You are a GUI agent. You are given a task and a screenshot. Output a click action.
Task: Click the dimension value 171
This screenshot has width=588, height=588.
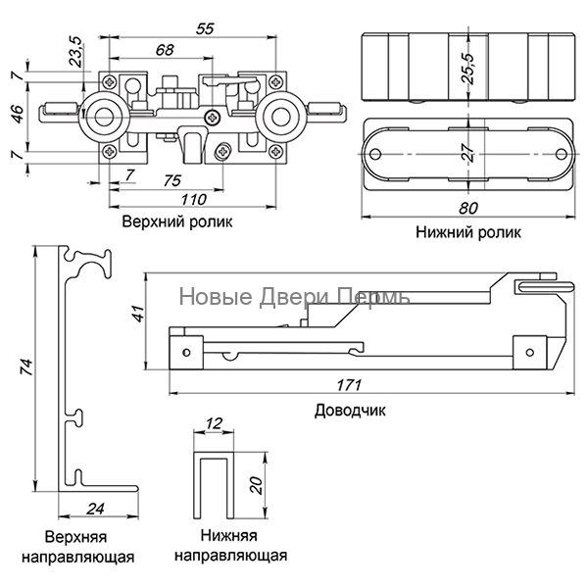pyautogui.click(x=349, y=385)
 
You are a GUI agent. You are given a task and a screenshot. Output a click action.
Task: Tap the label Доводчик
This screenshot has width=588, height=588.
pyautogui.click(x=350, y=411)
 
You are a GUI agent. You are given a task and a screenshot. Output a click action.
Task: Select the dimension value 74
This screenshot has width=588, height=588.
pyautogui.click(x=27, y=367)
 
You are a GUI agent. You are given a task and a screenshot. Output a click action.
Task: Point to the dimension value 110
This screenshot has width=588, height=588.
pyautogui.click(x=193, y=200)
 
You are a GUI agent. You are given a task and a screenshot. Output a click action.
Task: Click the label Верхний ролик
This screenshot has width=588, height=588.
pyautogui.click(x=177, y=221)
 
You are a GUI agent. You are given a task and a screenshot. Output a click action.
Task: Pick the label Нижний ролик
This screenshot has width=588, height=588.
pyautogui.click(x=468, y=232)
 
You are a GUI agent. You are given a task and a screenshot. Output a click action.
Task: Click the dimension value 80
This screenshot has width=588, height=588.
pyautogui.click(x=468, y=208)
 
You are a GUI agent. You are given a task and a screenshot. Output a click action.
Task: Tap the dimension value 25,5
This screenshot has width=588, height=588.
pyautogui.click(x=468, y=69)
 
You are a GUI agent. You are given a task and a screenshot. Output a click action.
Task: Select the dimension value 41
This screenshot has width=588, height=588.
pyautogui.click(x=139, y=314)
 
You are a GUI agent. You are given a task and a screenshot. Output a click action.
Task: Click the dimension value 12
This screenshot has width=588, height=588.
pyautogui.click(x=214, y=423)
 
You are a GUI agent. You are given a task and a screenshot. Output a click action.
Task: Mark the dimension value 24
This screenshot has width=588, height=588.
pyautogui.click(x=95, y=509)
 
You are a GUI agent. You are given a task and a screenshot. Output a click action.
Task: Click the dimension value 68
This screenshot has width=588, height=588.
pyautogui.click(x=165, y=49)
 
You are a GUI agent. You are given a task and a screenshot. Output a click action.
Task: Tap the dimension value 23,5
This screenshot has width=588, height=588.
pyautogui.click(x=76, y=51)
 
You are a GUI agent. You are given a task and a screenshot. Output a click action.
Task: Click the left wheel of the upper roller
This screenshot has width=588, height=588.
pyautogui.click(x=104, y=117)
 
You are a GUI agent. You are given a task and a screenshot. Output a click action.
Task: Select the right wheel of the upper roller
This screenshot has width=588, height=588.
pyautogui.click(x=281, y=117)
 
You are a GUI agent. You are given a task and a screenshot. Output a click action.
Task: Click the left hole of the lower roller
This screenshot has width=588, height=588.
pyautogui.click(x=375, y=154)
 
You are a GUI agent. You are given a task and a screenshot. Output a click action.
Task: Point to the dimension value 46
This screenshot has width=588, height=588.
pyautogui.click(x=18, y=114)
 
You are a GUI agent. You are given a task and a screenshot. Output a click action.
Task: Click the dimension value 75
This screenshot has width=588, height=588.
pyautogui.click(x=172, y=181)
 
